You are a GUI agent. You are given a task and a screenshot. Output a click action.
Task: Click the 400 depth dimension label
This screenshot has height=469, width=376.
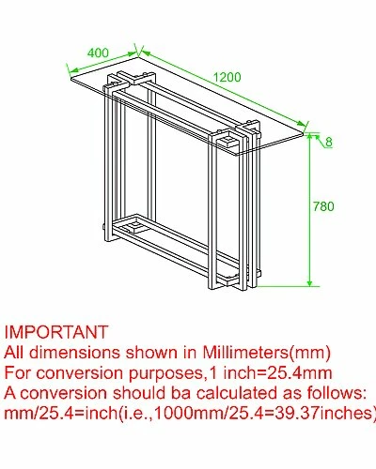[x=98, y=53]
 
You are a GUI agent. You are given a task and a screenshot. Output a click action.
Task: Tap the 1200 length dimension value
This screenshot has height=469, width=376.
[x=227, y=77]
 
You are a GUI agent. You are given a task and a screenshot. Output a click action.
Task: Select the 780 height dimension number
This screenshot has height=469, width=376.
[x=323, y=206]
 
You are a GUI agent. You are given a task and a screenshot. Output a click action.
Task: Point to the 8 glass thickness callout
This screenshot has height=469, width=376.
[x=328, y=142]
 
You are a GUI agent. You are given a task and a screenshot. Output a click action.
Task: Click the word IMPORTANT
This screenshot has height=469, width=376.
[x=56, y=332]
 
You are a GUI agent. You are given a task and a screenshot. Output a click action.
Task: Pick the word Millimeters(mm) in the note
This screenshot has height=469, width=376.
[x=266, y=353]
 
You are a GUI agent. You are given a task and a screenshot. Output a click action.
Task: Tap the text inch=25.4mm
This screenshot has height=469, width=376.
[x=277, y=373]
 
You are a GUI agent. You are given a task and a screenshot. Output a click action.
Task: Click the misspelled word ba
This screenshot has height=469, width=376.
[x=180, y=393]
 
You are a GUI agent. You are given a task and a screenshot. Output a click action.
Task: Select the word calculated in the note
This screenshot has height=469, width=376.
[x=237, y=393]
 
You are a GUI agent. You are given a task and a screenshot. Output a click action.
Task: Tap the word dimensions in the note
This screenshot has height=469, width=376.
[x=74, y=353]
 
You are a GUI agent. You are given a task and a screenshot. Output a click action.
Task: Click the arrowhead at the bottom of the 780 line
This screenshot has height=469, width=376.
[x=309, y=282]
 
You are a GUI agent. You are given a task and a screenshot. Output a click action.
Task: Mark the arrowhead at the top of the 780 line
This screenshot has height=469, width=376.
[x=309, y=137]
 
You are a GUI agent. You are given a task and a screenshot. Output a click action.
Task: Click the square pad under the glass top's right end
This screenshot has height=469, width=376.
[x=230, y=141]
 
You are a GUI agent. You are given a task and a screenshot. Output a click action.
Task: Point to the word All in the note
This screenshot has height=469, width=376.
[x=14, y=353]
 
